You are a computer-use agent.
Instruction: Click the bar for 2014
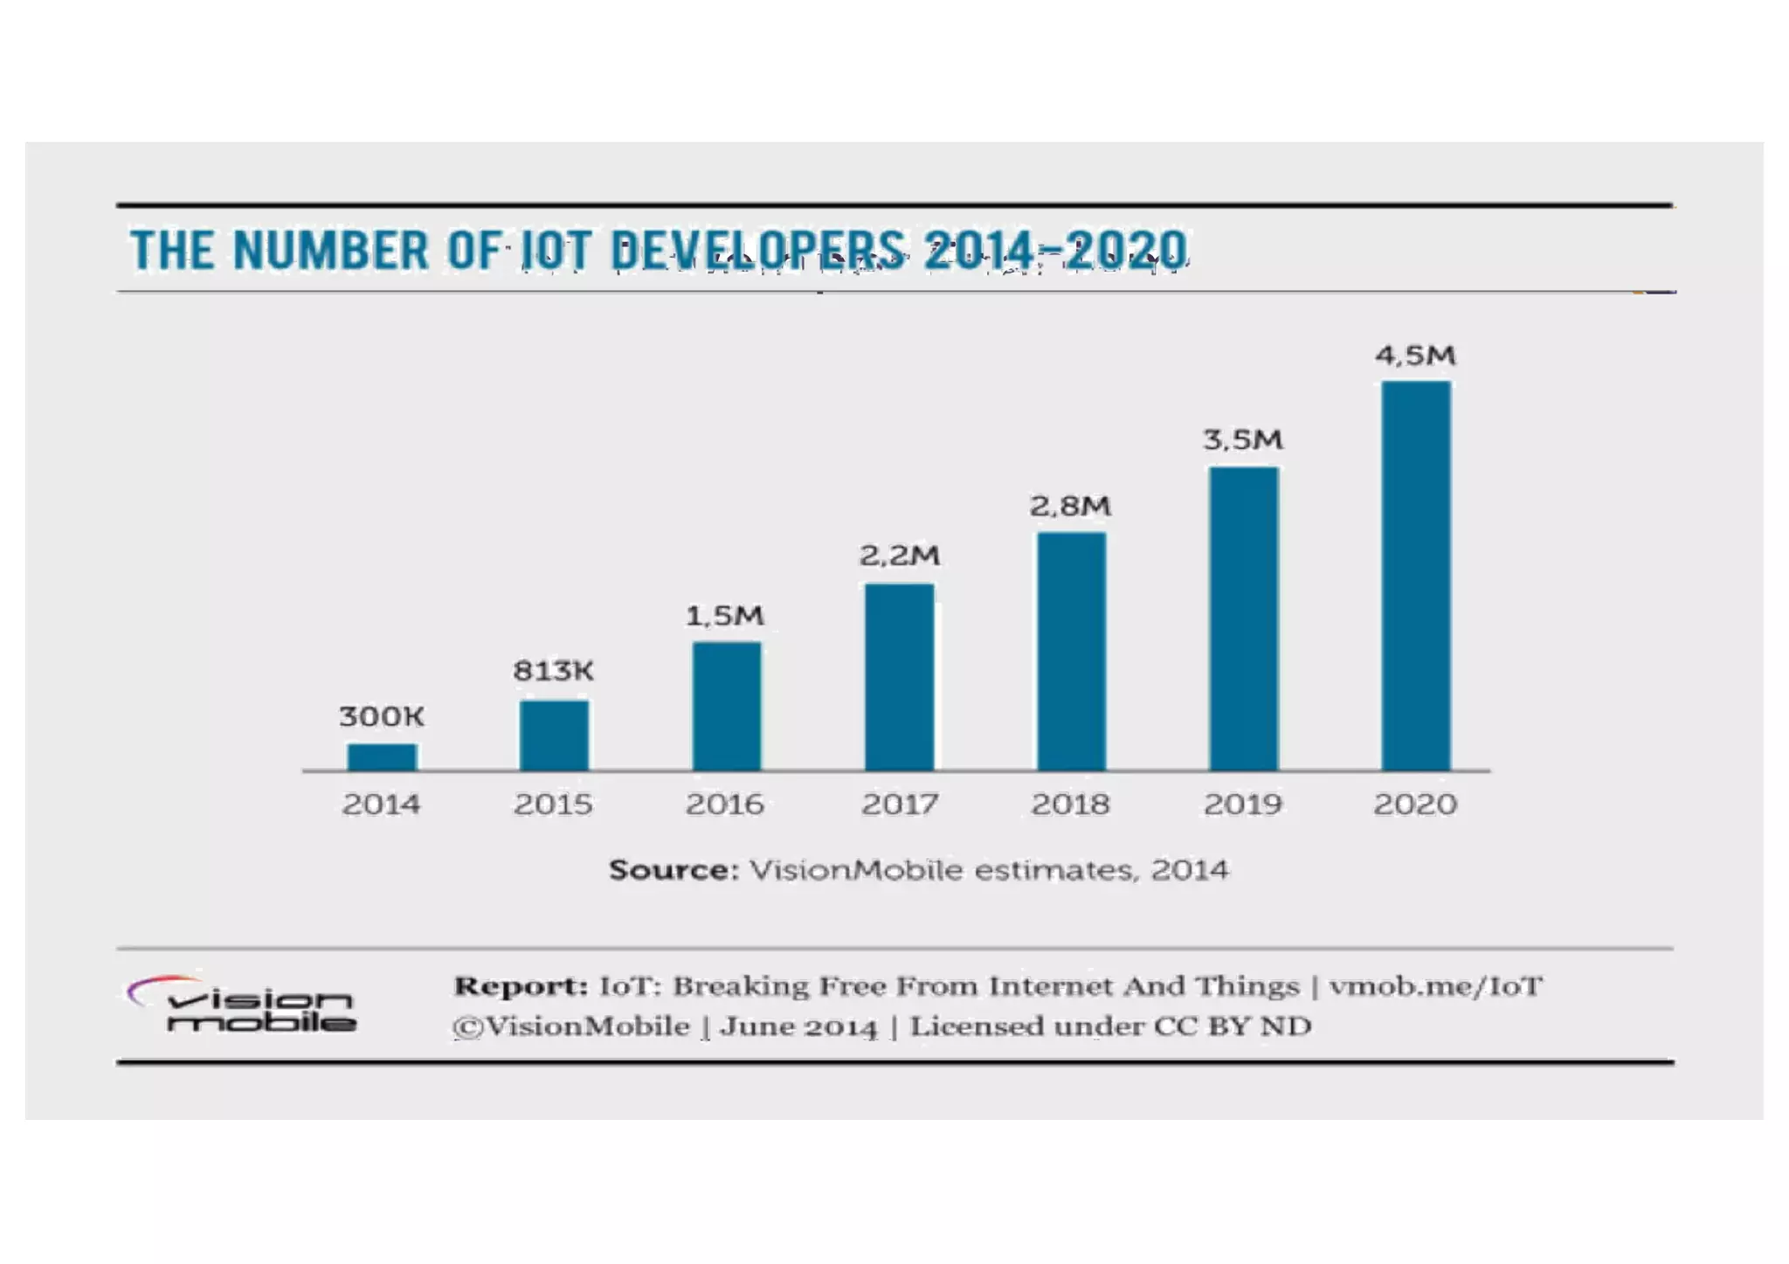click(382, 756)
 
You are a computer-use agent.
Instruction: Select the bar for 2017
click(899, 677)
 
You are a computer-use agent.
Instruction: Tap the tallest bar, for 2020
click(1415, 576)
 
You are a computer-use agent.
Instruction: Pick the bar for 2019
click(1243, 618)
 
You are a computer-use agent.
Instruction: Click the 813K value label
click(553, 671)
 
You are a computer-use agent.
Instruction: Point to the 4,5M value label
click(1415, 356)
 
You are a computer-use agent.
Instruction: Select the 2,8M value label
click(1070, 506)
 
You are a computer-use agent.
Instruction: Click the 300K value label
click(382, 716)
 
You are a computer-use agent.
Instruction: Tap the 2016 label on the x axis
click(724, 804)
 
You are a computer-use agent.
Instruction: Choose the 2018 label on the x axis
click(1070, 804)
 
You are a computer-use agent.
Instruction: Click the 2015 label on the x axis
click(553, 804)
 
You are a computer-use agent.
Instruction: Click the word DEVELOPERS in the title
click(757, 251)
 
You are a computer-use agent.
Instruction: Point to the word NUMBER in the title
click(331, 251)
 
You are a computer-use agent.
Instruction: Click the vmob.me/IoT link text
click(1435, 986)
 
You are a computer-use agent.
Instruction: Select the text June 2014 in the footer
click(798, 1026)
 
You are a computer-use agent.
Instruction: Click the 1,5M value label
click(724, 616)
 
